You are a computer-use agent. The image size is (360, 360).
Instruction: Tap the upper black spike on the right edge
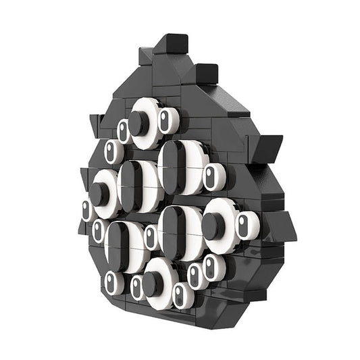point(269,145)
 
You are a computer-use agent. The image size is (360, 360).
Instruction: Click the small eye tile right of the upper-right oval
point(212,177)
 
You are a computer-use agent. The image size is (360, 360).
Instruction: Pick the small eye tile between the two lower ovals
point(150,237)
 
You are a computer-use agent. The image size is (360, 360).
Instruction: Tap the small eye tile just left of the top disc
point(123,131)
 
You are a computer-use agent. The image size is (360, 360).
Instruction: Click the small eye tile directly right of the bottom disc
point(180,294)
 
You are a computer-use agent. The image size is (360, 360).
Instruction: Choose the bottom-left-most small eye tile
point(111,282)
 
